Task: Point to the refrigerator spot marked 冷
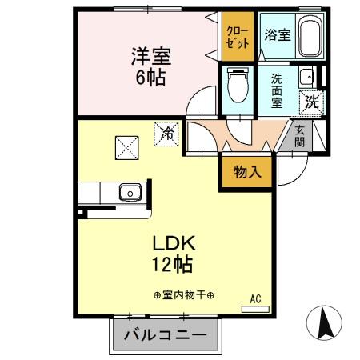pyautogui.click(x=166, y=133)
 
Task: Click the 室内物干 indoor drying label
pyautogui.click(x=183, y=296)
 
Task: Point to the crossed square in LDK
pyautogui.click(x=126, y=147)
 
